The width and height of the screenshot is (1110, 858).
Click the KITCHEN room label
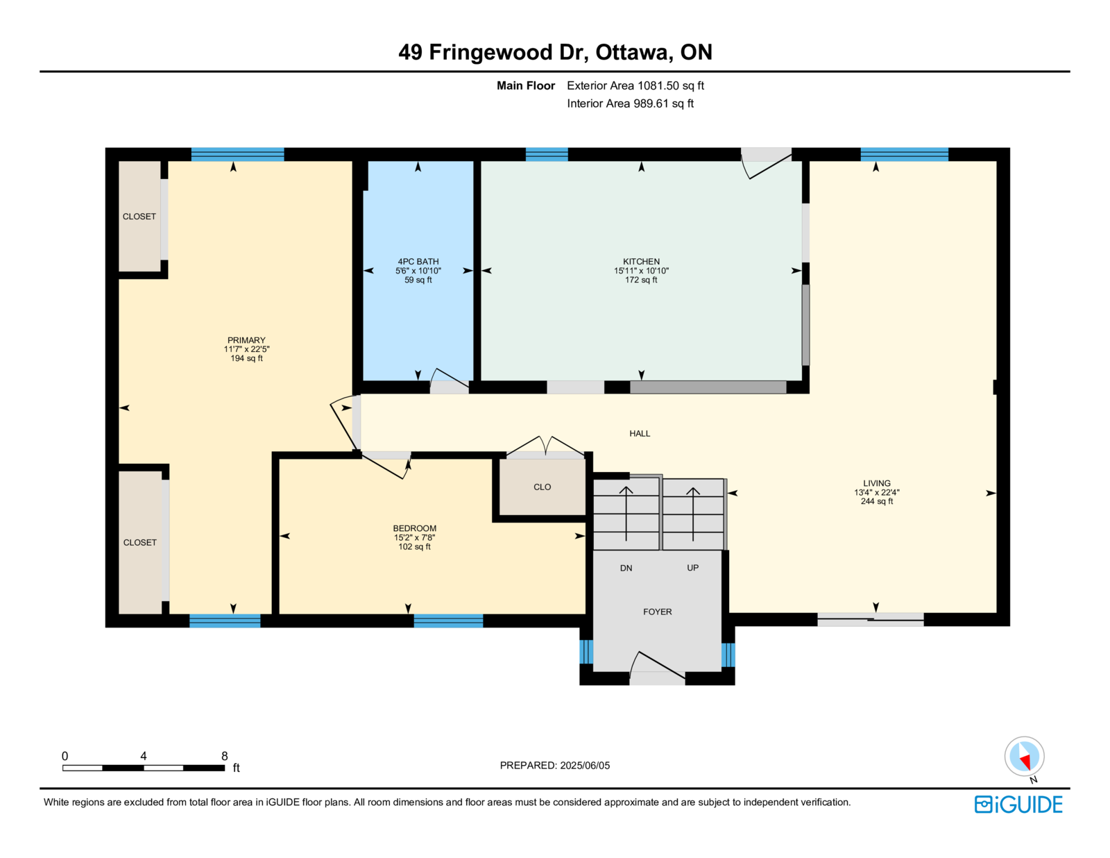coord(641,261)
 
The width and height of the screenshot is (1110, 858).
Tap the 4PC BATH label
coord(418,261)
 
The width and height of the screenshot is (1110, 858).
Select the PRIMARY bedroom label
coord(246,340)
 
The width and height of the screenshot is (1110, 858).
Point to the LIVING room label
coord(877,483)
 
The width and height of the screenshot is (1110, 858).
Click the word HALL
coord(640,433)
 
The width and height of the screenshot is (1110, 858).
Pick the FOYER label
coord(658,612)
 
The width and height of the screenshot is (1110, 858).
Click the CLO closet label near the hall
coord(542,487)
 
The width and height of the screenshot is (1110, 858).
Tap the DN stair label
coord(626,568)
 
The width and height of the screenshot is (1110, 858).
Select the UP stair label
coord(692,568)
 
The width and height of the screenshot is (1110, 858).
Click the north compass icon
coord(1024,757)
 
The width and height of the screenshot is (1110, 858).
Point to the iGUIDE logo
coord(1018,805)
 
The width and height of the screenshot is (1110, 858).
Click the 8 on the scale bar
coord(224,756)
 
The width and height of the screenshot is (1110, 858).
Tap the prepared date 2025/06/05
coord(584,766)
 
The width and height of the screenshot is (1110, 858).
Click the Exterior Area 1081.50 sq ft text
coord(635,85)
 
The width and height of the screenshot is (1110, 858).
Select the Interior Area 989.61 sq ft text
coord(630,103)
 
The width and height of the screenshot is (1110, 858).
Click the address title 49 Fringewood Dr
coord(494,52)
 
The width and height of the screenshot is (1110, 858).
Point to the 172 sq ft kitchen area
coord(641,280)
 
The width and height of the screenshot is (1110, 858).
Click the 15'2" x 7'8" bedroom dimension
coord(414,537)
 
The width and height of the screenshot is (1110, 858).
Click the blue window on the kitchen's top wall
coord(547,154)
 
